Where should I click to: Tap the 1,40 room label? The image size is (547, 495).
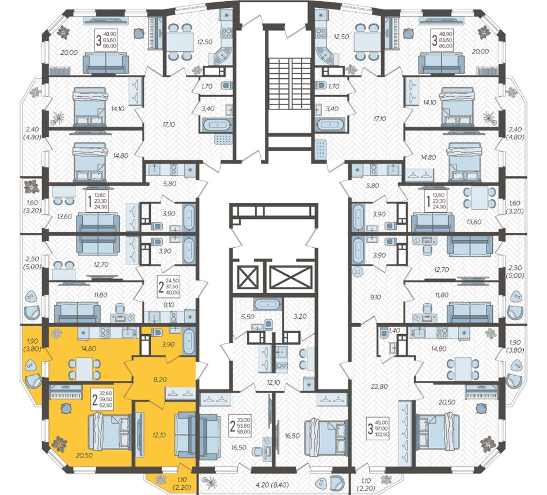(x=394, y=331)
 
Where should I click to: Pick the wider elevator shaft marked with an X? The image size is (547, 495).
(x=290, y=278)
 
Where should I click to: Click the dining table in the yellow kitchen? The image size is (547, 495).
(x=84, y=365)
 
